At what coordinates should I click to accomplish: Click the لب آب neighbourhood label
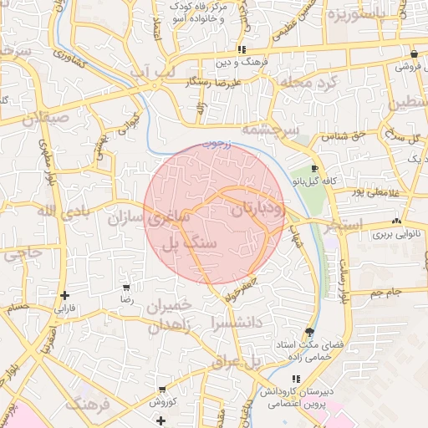(x=153, y=74)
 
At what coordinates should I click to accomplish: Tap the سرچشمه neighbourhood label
(x=269, y=130)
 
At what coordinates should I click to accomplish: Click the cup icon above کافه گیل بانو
(x=314, y=167)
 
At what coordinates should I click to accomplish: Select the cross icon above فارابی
(x=64, y=295)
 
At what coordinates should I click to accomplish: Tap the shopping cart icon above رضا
(x=126, y=287)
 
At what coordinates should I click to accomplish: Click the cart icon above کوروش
(x=161, y=390)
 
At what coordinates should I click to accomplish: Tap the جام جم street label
(x=387, y=292)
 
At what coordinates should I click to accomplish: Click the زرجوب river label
(x=219, y=142)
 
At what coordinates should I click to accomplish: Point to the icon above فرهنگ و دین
(x=242, y=50)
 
